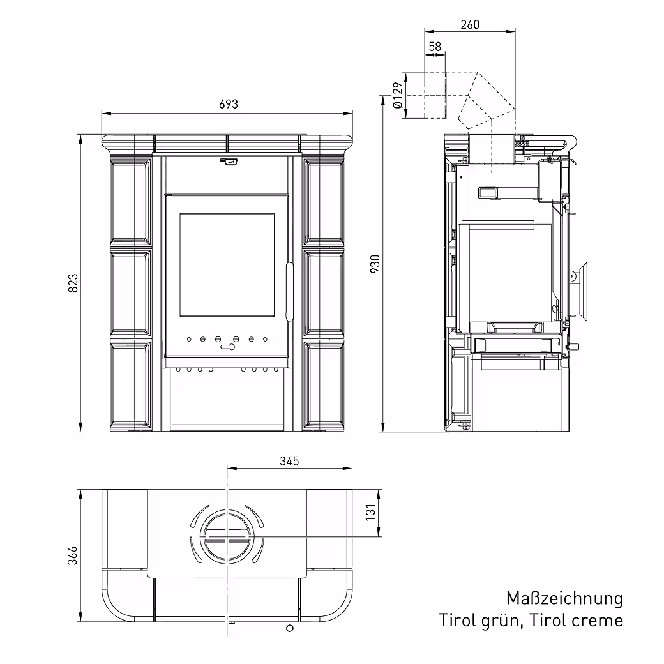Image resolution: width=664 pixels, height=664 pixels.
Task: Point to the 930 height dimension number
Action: pos(375,263)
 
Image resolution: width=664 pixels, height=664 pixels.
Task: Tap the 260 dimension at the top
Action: pos(469,25)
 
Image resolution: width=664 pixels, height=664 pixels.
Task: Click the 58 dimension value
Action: pos(435,47)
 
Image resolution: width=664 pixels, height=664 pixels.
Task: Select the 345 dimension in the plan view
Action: pos(289,460)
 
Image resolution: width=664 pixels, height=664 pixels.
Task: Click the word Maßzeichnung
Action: pos(564,598)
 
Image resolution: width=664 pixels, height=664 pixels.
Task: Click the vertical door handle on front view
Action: pos(289,290)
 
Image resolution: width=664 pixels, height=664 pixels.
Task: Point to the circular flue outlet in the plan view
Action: pos(227,538)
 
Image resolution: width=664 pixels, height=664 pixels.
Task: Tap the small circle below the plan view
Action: pos(290,629)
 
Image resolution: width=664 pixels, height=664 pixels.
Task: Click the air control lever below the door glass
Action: pos(227,347)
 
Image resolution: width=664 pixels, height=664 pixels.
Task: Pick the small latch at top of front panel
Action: pos(228,161)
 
